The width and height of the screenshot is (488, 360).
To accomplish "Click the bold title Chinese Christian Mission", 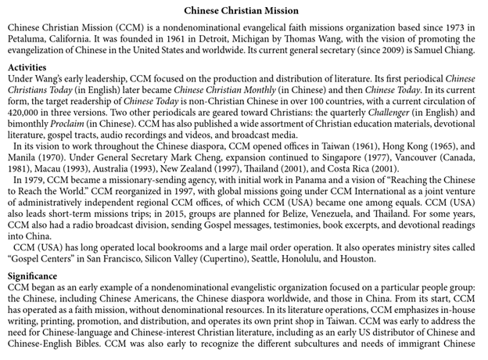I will (244, 11).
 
